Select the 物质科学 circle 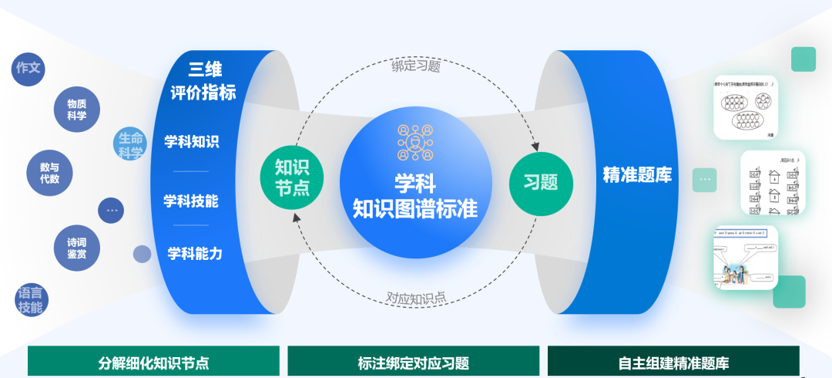pyautogui.click(x=76, y=110)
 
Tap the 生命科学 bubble pyautogui.click(x=130, y=145)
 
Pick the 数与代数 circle pyautogui.click(x=49, y=173)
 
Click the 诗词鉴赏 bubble pyautogui.click(x=76, y=248)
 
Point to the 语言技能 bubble pyautogui.click(x=31, y=300)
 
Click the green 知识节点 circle pyautogui.click(x=292, y=178)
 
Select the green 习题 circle pyautogui.click(x=541, y=183)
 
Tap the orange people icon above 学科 pyautogui.click(x=415, y=141)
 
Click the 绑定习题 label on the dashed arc pyautogui.click(x=416, y=66)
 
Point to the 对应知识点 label pyautogui.click(x=416, y=297)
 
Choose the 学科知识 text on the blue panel pyautogui.click(x=191, y=142)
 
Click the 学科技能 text pyautogui.click(x=191, y=201)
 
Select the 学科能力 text pyautogui.click(x=195, y=253)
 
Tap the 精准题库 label pyautogui.click(x=637, y=176)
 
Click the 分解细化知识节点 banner pyautogui.click(x=153, y=363)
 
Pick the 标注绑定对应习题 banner pyautogui.click(x=414, y=363)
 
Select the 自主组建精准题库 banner pyautogui.click(x=673, y=363)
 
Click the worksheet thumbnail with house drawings pyautogui.click(x=773, y=183)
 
